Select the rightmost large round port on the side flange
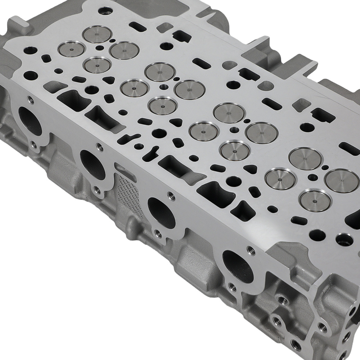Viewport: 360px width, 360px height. (x=238, y=266)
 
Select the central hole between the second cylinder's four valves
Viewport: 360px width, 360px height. (x=164, y=87)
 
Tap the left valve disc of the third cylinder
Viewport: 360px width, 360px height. (x=204, y=131)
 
